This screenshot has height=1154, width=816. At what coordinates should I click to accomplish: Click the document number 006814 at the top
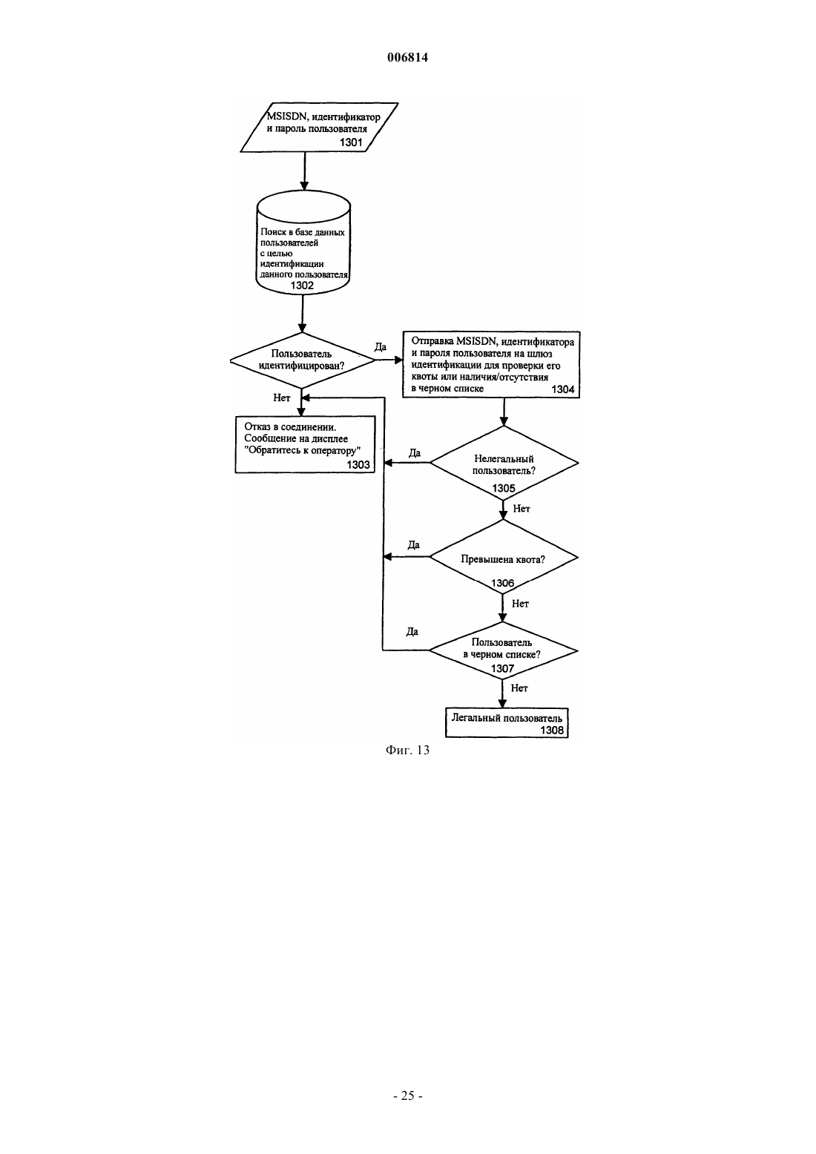[x=407, y=57]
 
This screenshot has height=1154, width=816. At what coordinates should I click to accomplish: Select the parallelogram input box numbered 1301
[x=320, y=128]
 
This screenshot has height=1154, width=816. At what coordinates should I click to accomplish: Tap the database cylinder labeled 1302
[x=303, y=243]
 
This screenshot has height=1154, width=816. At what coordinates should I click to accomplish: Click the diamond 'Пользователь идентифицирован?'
[x=303, y=360]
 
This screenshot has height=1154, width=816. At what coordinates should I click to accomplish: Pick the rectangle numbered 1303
[x=305, y=444]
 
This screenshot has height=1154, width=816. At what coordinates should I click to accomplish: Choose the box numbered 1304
[x=491, y=365]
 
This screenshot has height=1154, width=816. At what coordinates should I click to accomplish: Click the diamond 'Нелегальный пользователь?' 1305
[x=504, y=463]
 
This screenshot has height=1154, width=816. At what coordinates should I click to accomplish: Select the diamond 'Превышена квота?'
[x=503, y=558]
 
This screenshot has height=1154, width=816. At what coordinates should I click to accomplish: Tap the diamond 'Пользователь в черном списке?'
[x=503, y=650]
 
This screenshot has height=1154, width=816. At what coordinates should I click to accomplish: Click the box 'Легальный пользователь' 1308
[x=507, y=723]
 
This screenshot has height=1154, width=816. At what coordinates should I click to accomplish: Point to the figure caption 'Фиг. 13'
[x=407, y=750]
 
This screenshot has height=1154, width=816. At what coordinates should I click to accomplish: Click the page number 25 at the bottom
[x=407, y=1095]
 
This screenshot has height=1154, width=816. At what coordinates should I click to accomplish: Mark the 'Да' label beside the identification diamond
[x=380, y=346]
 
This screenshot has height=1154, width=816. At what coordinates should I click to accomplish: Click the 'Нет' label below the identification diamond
[x=282, y=398]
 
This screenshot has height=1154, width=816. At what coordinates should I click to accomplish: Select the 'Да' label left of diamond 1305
[x=415, y=453]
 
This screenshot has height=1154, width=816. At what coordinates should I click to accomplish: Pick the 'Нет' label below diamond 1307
[x=519, y=688]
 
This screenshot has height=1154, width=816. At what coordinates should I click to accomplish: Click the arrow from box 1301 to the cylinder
[x=304, y=171]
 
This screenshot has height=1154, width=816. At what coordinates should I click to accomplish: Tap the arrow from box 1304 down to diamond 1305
[x=504, y=412]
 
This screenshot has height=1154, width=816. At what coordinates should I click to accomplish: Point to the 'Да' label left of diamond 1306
[x=414, y=544]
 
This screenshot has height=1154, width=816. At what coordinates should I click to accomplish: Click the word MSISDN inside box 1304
[x=476, y=342]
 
